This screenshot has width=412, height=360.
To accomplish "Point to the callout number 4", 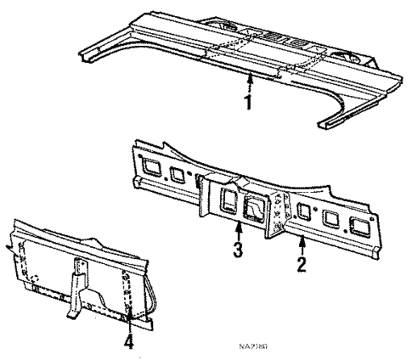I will (x=128, y=342).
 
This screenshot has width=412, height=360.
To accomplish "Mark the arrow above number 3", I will (x=240, y=232).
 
